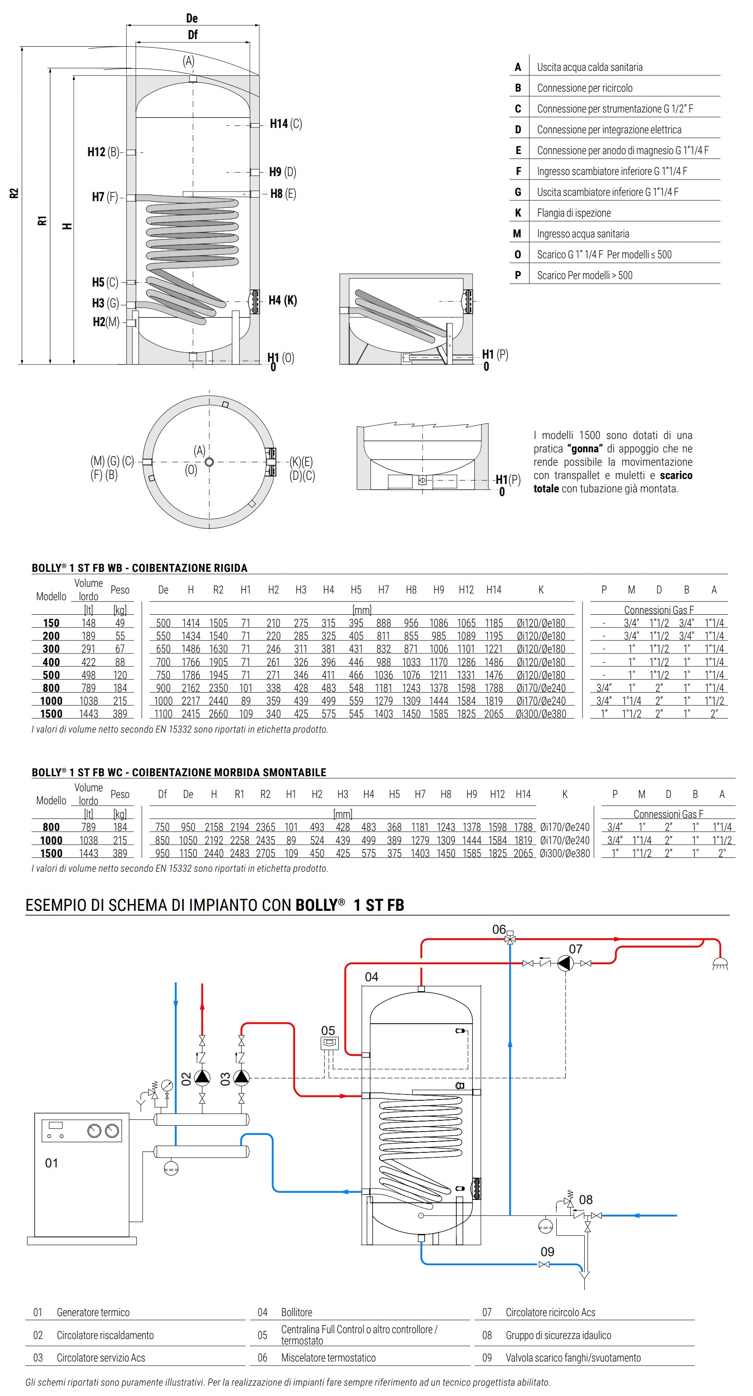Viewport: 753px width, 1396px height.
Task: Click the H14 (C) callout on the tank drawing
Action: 286,124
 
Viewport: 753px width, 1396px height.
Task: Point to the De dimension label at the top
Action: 192,18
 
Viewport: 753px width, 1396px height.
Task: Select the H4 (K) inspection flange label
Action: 283,300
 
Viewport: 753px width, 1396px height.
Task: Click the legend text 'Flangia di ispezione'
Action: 573,213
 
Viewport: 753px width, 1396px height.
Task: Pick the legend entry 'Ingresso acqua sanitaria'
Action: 583,234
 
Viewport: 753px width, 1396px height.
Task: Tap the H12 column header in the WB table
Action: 466,590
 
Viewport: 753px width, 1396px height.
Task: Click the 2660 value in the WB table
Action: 218,714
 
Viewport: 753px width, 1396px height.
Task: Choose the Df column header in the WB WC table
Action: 162,794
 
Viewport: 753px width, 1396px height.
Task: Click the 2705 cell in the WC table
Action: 265,853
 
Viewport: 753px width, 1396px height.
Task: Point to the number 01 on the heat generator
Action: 52,1163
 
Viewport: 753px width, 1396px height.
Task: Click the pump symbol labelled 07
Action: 565,964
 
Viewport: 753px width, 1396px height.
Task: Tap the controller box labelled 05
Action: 329,1043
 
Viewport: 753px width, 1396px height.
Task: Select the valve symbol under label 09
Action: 544,1264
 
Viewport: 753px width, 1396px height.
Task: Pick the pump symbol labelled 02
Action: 202,1077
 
